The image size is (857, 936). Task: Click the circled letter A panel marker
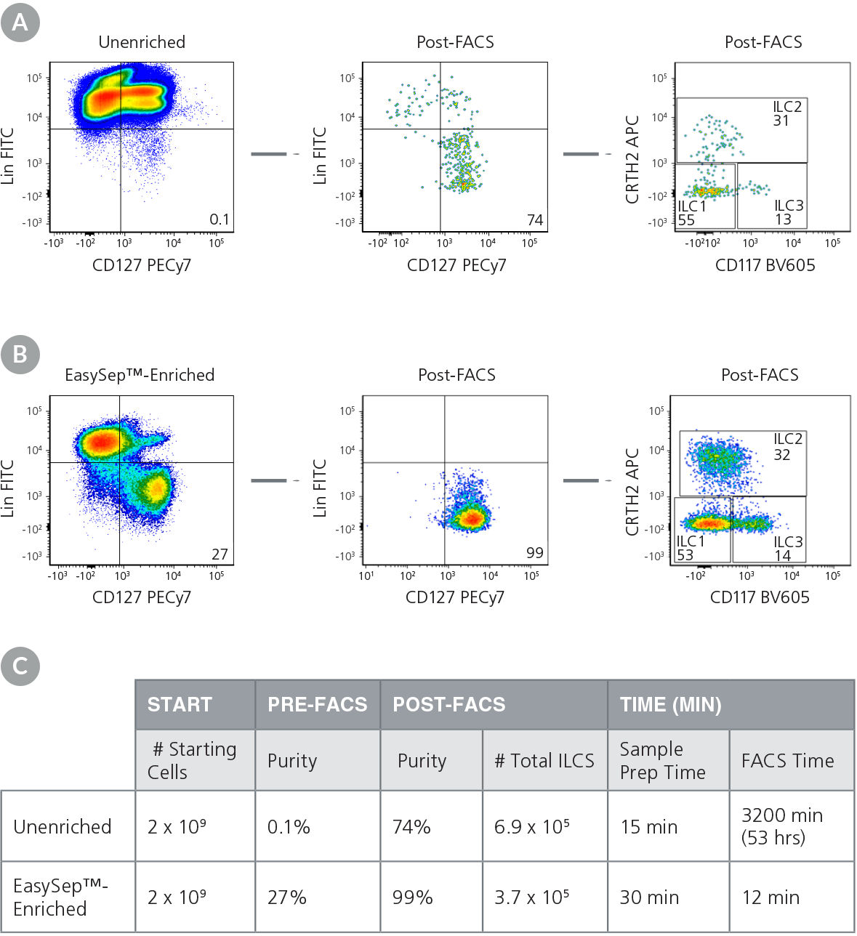click(20, 22)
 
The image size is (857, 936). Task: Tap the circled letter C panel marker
click(20, 666)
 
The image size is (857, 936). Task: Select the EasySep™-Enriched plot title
click(140, 375)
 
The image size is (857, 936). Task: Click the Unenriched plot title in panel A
click(142, 42)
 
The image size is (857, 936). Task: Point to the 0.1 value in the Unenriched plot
click(219, 219)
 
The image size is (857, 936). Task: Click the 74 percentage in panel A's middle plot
click(535, 219)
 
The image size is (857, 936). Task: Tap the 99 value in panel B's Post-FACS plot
click(535, 552)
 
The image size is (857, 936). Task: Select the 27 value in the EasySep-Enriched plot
click(220, 554)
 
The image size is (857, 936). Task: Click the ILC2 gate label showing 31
click(786, 113)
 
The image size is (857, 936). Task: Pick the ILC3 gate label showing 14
click(787, 549)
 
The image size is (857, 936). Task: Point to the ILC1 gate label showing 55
click(691, 213)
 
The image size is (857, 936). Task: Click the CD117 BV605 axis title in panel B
click(760, 597)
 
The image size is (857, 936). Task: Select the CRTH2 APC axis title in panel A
click(632, 159)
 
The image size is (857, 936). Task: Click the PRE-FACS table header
click(317, 704)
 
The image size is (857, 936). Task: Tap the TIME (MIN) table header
click(670, 704)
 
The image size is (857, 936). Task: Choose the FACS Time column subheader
click(787, 760)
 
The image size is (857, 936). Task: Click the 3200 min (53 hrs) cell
click(782, 826)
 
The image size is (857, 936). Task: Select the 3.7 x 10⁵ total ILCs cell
click(531, 897)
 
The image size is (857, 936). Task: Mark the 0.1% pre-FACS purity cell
click(289, 827)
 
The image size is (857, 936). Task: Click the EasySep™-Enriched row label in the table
click(61, 897)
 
